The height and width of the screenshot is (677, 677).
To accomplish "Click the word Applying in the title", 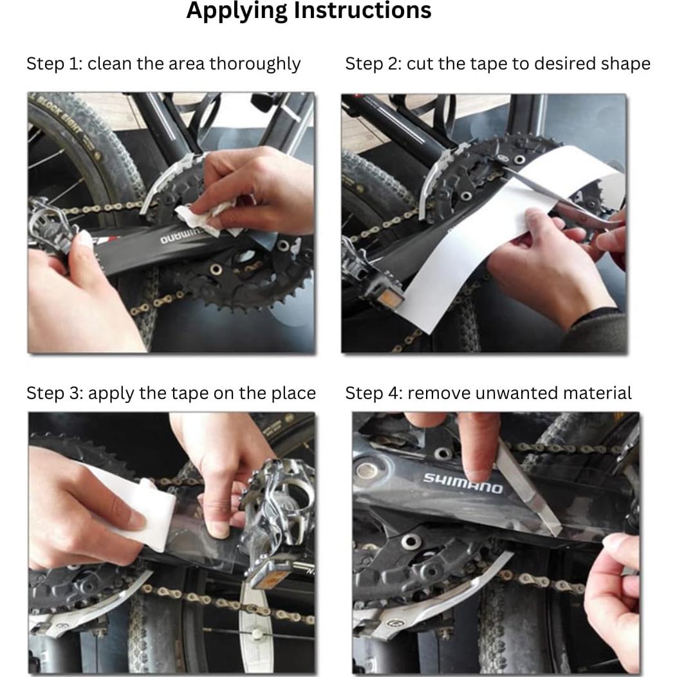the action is tap(237, 11).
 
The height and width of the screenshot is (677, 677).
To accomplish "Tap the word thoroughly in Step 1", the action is tap(255, 64).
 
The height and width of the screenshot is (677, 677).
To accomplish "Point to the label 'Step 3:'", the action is tap(55, 393).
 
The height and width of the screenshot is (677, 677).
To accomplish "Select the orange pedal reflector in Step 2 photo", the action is tap(391, 297).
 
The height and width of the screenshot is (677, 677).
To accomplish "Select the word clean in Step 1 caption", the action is tap(109, 64).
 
